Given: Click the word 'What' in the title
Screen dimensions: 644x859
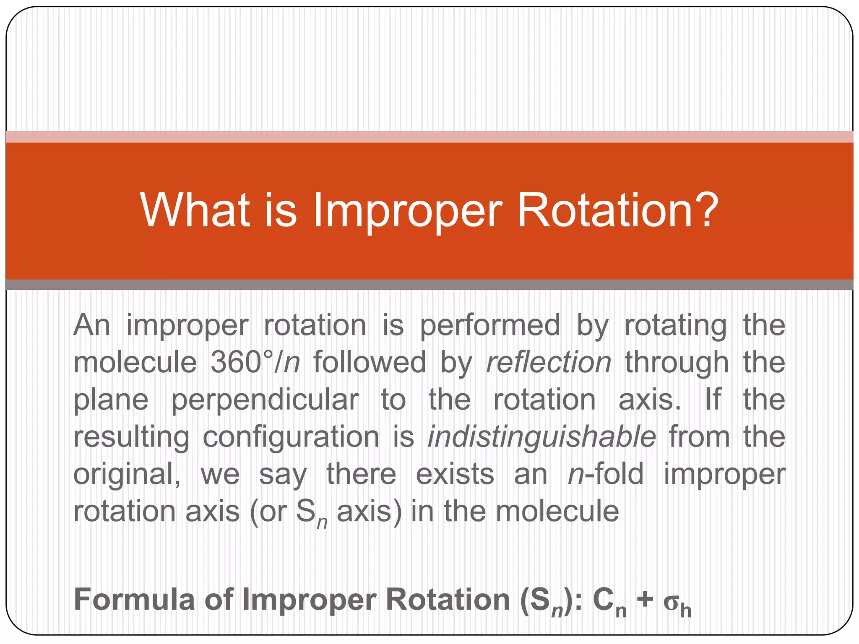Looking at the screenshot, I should point(195,210).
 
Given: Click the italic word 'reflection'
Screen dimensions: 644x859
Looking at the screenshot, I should point(548,362).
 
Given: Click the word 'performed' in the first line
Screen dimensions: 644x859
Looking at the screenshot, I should point(490,325).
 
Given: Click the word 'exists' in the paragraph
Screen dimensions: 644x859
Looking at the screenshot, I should point(455,474).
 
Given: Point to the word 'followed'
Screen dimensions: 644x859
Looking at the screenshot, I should point(370,362).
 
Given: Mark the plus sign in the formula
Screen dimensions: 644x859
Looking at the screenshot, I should point(645,599).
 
